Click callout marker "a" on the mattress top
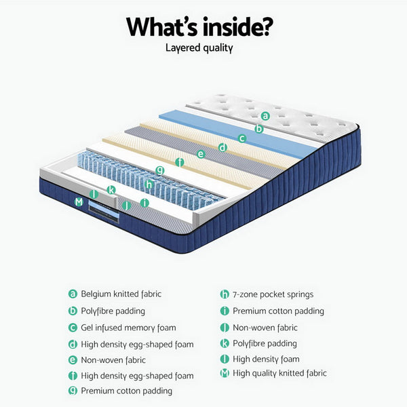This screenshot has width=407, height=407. pyautogui.click(x=266, y=116)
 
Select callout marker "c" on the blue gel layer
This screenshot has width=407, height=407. pyautogui.click(x=241, y=138)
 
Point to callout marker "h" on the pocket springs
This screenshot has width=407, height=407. pyautogui.click(x=149, y=184)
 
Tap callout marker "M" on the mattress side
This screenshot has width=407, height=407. pyautogui.click(x=79, y=201)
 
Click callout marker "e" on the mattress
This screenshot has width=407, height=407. pyautogui.click(x=201, y=154)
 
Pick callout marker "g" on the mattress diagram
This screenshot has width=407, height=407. pyautogui.click(x=159, y=169)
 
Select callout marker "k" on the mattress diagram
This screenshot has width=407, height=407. pyautogui.click(x=111, y=190)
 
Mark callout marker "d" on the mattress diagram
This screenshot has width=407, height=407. pyautogui.click(x=222, y=147)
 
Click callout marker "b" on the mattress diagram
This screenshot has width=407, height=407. pyautogui.click(x=258, y=128)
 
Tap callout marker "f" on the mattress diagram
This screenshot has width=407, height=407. pyautogui.click(x=180, y=162)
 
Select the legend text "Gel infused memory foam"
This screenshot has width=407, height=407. pyautogui.click(x=128, y=328)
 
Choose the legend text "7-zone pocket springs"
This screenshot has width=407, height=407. pyautogui.click(x=273, y=294)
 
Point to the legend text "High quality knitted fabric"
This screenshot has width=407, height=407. pyautogui.click(x=279, y=373)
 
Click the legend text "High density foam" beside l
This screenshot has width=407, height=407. pyautogui.click(x=266, y=359)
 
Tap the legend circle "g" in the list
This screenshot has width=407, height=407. pyautogui.click(x=73, y=391)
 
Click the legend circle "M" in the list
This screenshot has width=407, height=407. pyautogui.click(x=225, y=373)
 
